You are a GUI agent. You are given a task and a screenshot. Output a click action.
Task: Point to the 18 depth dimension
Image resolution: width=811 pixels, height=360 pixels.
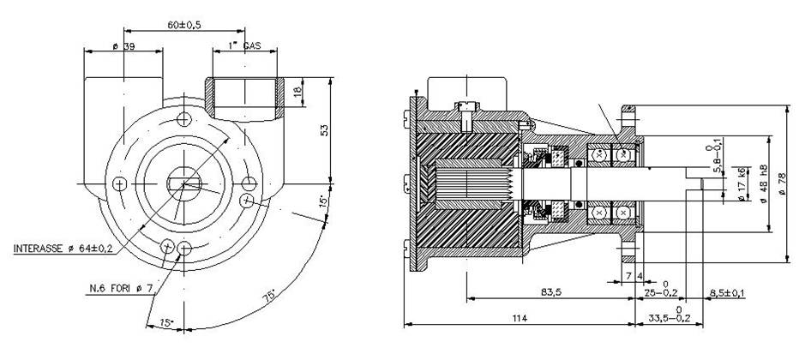click(297, 91)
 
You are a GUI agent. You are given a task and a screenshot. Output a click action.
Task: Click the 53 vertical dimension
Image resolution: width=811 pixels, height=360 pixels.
click(324, 129)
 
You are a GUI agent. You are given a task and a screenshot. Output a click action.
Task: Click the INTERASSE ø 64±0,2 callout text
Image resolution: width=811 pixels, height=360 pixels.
click(63, 249)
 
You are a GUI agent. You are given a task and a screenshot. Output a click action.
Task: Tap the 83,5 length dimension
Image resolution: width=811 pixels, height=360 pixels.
click(552, 293)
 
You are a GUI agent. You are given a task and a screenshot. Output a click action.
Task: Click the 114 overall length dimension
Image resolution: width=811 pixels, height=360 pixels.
click(519, 319)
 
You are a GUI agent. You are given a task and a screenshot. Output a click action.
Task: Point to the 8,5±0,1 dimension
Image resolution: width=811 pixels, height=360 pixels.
click(726, 293)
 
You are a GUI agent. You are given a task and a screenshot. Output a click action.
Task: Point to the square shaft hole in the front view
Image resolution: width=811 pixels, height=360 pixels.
click(183, 183)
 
